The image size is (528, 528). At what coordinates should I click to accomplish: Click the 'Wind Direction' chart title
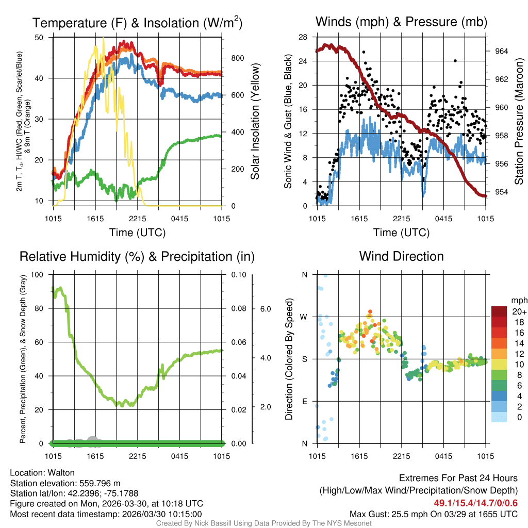click(401, 256)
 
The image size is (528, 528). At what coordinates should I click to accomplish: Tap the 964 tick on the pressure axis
click(501, 51)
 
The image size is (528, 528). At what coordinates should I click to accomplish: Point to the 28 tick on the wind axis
click(303, 37)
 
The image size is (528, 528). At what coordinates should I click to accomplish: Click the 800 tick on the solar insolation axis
click(237, 58)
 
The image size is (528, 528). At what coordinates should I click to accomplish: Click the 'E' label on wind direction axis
click(304, 401)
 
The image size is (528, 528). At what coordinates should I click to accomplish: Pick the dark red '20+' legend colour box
click(499, 311)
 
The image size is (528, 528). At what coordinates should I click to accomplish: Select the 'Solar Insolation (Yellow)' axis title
click(255, 122)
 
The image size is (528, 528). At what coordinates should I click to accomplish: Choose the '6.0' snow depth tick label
click(265, 309)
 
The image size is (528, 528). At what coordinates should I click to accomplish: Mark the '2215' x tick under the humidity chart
click(138, 456)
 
